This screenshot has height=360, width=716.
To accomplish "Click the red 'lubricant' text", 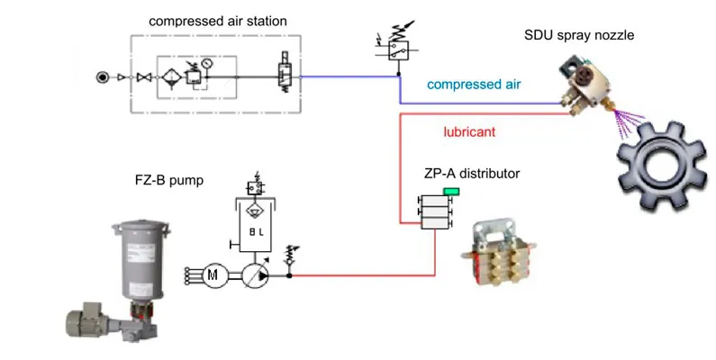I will pos(469,132).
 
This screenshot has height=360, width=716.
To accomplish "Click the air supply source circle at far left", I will pos(102,77).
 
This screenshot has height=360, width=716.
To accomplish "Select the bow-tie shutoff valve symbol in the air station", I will pos(141,77).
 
